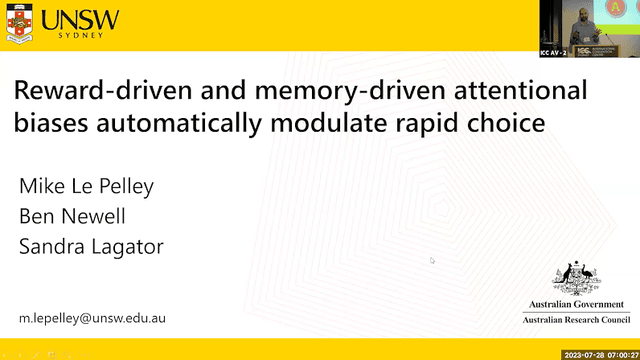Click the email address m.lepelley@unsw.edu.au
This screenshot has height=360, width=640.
tap(93, 318)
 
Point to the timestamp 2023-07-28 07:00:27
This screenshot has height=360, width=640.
tap(601, 354)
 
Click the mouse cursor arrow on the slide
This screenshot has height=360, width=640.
tap(432, 260)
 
